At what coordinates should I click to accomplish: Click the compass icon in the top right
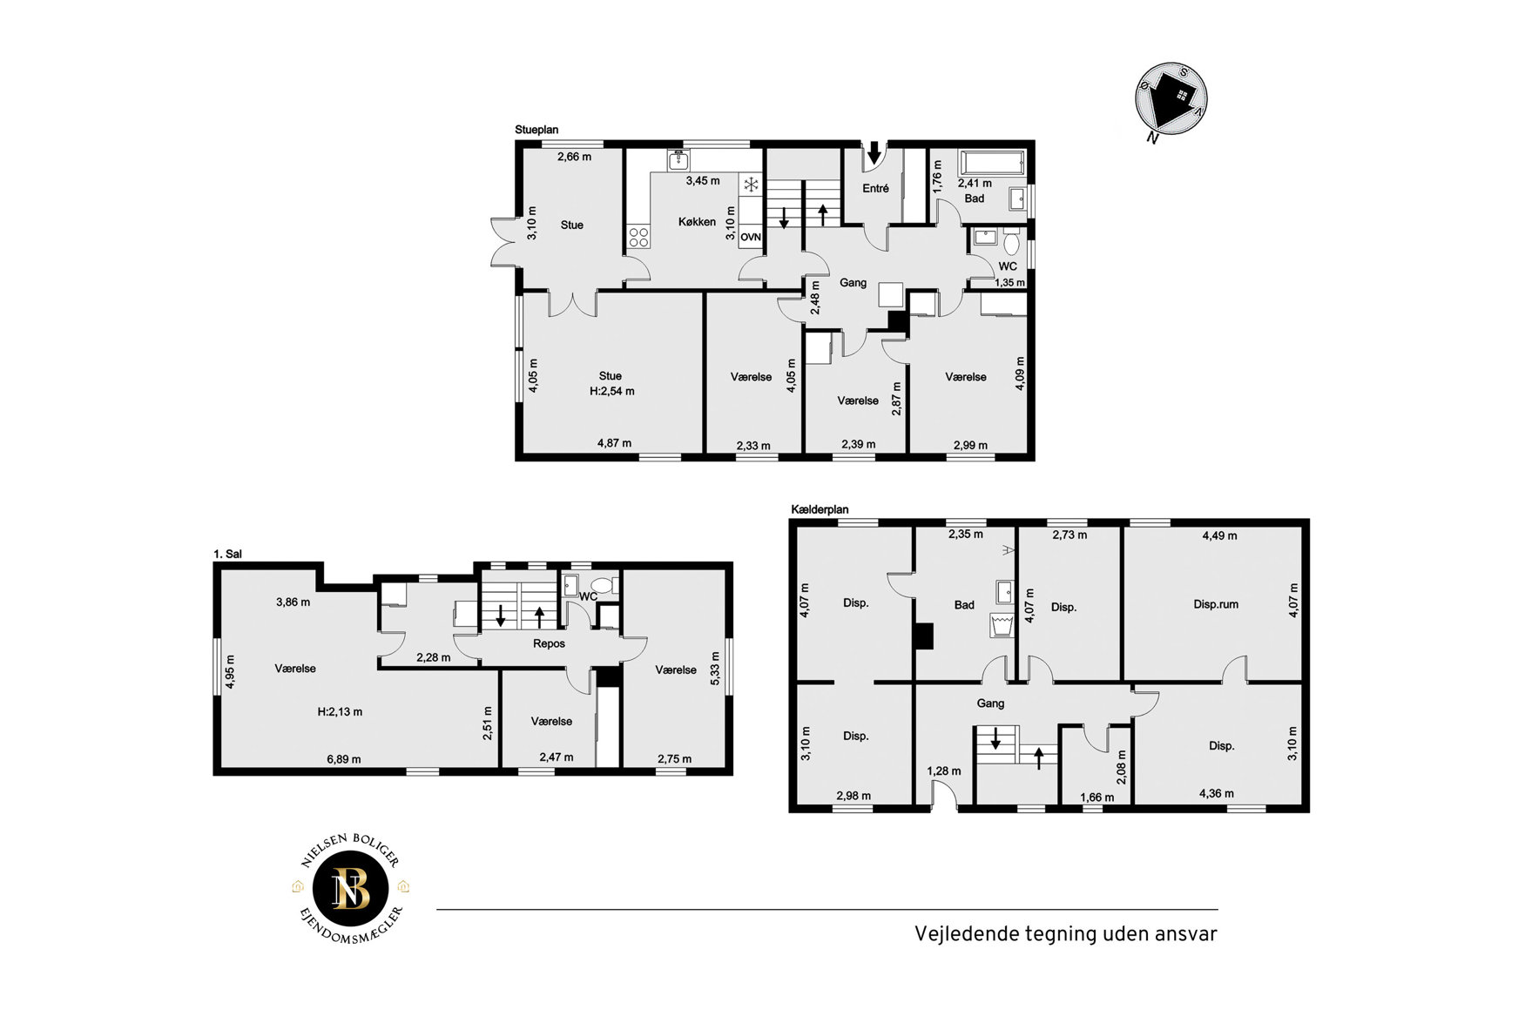[1171, 99]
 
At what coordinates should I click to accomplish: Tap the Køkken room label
[697, 222]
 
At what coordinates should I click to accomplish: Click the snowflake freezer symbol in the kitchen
[751, 185]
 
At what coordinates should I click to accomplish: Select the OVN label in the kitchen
[751, 237]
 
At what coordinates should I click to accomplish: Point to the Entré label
[875, 188]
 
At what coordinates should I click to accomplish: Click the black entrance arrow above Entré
[874, 152]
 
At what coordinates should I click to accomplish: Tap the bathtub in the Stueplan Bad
[992, 163]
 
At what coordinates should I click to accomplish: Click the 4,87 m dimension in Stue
[614, 443]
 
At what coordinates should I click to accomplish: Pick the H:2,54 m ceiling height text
[611, 392]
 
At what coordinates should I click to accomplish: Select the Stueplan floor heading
[536, 130]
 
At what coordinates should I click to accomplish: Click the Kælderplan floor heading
[820, 509]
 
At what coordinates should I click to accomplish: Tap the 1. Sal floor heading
[227, 554]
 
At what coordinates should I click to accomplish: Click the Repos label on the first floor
[549, 644]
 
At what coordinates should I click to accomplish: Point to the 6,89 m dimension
[344, 759]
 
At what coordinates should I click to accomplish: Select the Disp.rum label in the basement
[1216, 604]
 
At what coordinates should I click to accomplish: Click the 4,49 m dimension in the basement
[1219, 536]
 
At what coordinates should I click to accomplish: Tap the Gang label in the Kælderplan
[990, 703]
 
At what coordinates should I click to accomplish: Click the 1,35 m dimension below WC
[1009, 283]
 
